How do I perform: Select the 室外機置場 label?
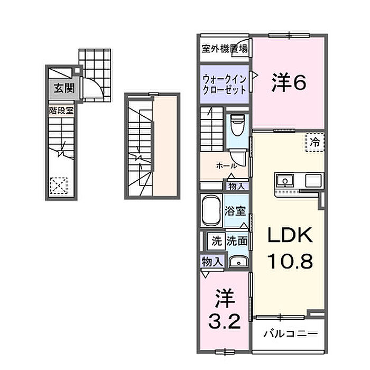(x=224, y=49)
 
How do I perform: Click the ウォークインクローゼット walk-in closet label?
(x=225, y=85)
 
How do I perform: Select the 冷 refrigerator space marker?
(x=315, y=142)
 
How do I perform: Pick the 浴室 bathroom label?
(x=234, y=211)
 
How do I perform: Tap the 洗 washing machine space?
(x=216, y=241)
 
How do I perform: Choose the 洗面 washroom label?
(x=237, y=241)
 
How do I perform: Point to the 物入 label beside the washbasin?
(x=211, y=261)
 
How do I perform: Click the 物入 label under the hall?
(x=236, y=186)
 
